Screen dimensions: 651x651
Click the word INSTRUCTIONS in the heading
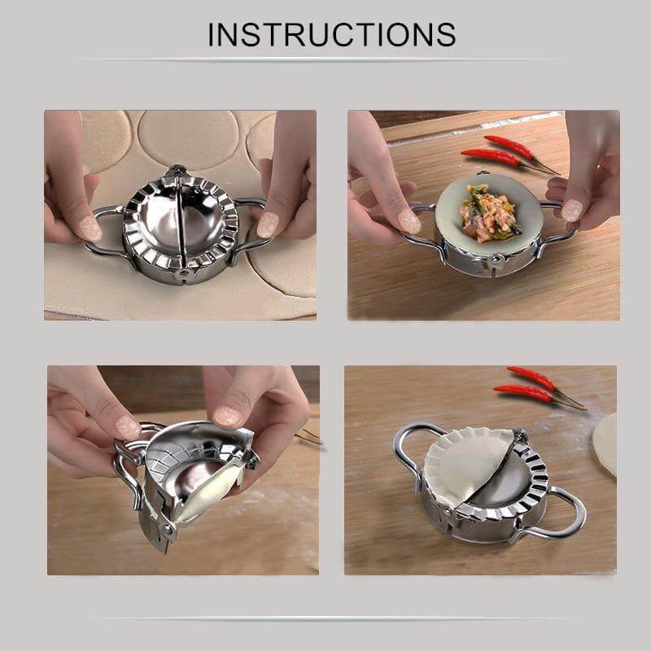tap(330, 34)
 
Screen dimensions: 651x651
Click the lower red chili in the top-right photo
tap(491, 157)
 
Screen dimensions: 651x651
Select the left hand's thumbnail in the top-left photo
tap(88, 229)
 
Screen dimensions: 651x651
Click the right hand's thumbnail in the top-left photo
tap(268, 224)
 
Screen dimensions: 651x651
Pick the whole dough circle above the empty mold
tap(187, 137)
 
